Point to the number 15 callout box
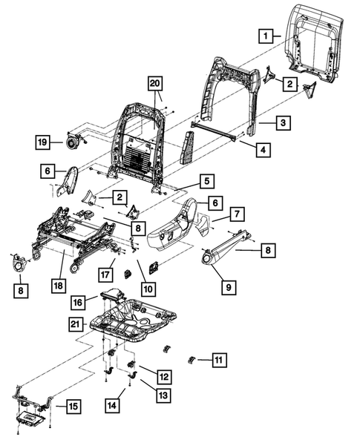[x=71, y=407]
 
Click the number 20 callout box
[x=154, y=83]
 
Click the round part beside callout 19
[x=73, y=139]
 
